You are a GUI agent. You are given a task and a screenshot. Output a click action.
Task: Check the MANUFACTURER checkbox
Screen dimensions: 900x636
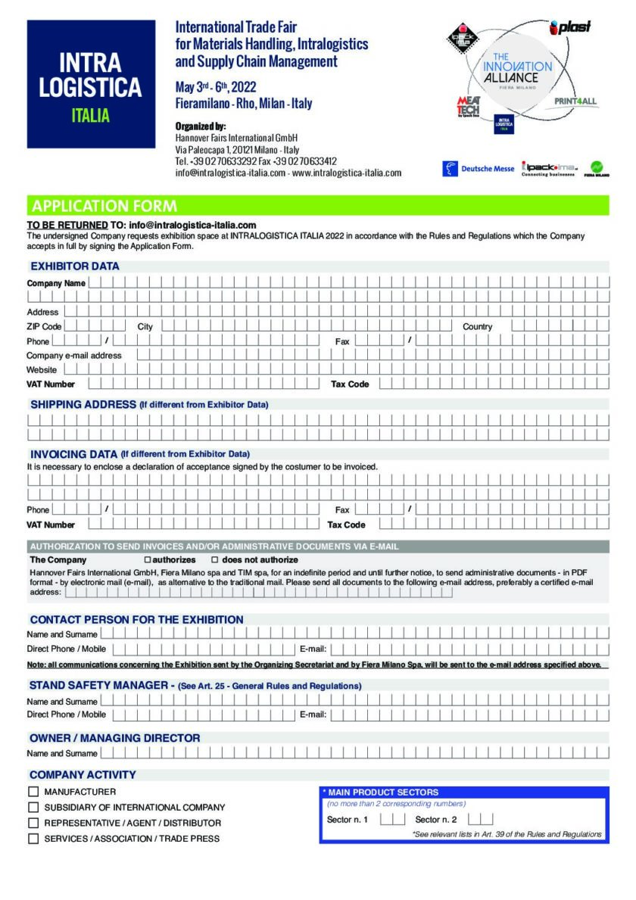pos(33,792)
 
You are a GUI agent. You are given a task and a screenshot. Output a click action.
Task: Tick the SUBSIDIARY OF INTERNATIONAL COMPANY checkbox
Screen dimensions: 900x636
pos(33,808)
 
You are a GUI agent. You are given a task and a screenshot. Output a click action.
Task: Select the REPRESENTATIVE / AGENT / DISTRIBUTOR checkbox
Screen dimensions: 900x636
pos(33,823)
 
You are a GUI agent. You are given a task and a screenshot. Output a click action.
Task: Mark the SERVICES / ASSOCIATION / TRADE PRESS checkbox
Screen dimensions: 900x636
pos(33,839)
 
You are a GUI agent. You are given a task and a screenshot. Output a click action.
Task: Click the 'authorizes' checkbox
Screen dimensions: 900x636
pos(148,560)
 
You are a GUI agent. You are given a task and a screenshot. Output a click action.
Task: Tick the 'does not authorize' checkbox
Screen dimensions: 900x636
pos(215,560)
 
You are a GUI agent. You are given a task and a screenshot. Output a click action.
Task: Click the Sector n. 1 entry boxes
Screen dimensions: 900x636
pos(392,819)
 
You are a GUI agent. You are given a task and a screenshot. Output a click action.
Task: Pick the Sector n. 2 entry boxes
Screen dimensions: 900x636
pos(481,819)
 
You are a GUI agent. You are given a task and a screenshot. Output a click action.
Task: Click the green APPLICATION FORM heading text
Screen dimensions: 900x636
pos(104,206)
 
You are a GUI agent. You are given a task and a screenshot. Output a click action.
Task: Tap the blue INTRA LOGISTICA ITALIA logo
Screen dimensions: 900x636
pos(90,84)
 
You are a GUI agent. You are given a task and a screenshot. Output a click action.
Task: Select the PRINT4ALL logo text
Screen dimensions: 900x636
pos(575,101)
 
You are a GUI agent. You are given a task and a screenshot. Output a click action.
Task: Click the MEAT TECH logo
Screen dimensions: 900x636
pos(468,107)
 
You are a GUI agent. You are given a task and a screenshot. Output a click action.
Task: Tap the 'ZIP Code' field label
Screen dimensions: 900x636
pos(44,326)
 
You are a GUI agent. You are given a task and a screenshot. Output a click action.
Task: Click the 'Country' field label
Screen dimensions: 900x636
pos(477,326)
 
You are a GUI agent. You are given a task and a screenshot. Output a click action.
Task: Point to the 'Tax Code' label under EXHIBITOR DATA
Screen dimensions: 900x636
pos(350,384)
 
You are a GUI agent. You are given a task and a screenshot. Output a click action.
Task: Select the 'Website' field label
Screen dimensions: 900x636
pos(42,369)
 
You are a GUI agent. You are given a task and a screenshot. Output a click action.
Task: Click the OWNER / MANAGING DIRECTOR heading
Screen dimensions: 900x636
pos(115,738)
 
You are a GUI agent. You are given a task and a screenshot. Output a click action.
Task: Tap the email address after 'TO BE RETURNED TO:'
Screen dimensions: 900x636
pos(192,225)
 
